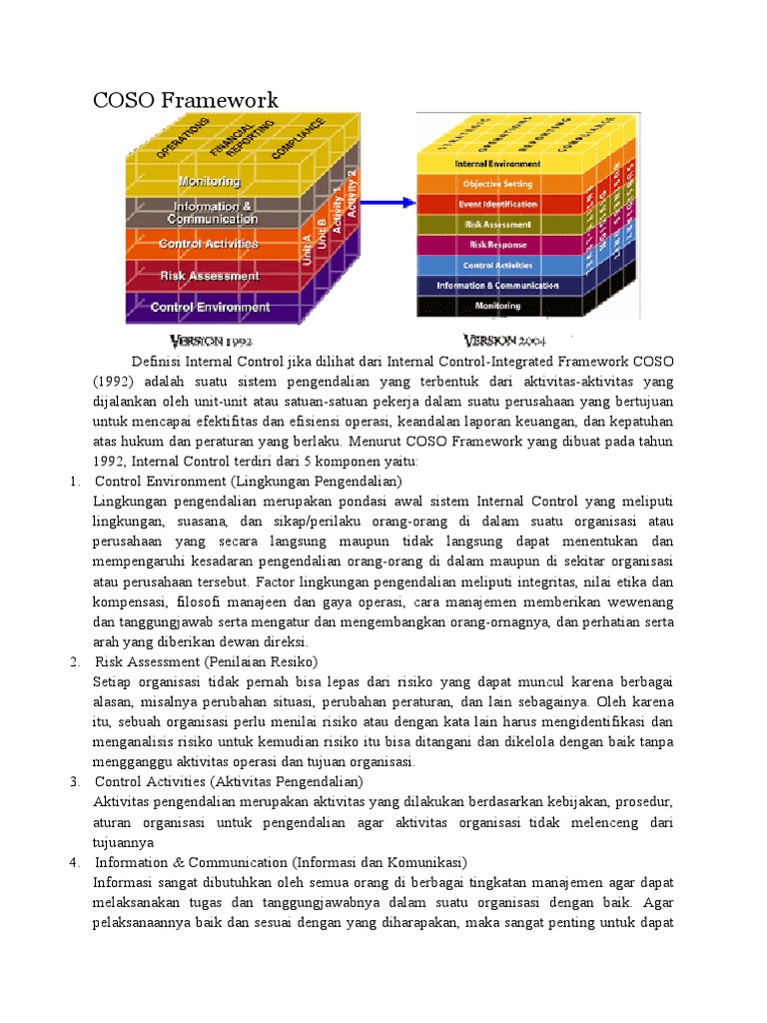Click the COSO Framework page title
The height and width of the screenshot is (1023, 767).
click(x=185, y=100)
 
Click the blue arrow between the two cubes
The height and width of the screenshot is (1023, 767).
click(x=383, y=203)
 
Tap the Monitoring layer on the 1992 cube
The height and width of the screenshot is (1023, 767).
click(x=209, y=181)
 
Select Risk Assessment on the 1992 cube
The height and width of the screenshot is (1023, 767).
click(x=210, y=276)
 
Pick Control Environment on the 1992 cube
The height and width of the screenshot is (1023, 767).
click(x=210, y=307)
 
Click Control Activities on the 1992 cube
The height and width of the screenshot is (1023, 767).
click(x=209, y=244)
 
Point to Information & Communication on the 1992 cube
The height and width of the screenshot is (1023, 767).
click(x=212, y=213)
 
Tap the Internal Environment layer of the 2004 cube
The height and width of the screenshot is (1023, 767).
click(x=497, y=163)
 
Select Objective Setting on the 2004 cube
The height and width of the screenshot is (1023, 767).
click(x=497, y=184)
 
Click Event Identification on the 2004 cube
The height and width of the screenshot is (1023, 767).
click(x=497, y=204)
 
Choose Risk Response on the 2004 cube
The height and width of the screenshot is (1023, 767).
click(x=497, y=245)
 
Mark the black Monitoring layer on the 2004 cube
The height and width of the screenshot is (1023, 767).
click(x=497, y=306)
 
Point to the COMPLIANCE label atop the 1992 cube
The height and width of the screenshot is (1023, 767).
click(x=297, y=142)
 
